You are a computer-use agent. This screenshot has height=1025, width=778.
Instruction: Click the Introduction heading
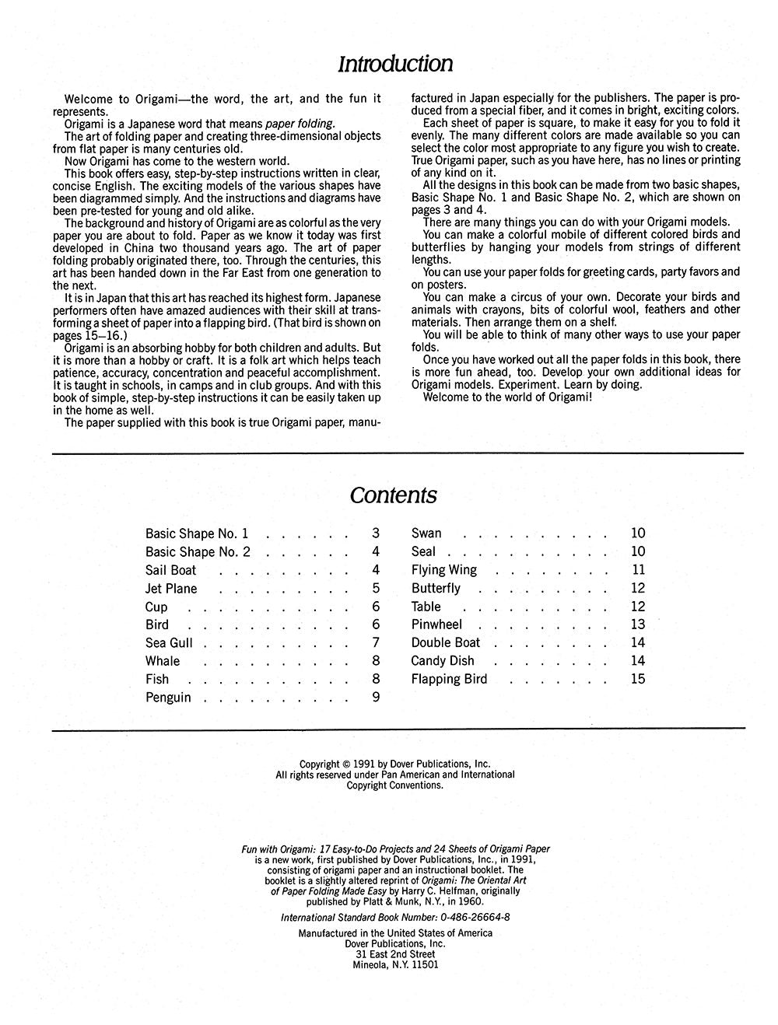click(x=394, y=64)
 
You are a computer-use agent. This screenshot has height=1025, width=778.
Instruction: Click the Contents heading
click(x=393, y=495)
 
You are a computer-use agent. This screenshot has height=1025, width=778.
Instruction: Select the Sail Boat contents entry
click(x=170, y=570)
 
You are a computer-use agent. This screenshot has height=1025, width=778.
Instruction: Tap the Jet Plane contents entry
click(x=171, y=589)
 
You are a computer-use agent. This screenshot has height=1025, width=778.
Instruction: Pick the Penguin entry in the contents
click(x=168, y=698)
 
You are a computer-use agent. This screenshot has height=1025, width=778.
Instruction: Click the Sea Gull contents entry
click(x=169, y=643)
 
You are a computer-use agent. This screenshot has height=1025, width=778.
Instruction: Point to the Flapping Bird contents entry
click(x=449, y=679)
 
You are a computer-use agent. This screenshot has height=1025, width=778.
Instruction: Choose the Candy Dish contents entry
click(x=442, y=661)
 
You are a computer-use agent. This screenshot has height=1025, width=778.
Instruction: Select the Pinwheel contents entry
click(x=436, y=624)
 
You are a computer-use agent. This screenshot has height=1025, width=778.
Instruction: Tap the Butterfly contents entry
click(x=436, y=589)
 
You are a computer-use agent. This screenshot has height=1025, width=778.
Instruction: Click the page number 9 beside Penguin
click(x=376, y=698)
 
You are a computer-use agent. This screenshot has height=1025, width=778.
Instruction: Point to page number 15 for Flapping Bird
click(x=638, y=679)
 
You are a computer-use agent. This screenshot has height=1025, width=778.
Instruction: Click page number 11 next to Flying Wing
click(x=638, y=570)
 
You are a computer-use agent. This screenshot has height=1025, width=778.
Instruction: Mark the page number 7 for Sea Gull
click(x=376, y=643)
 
